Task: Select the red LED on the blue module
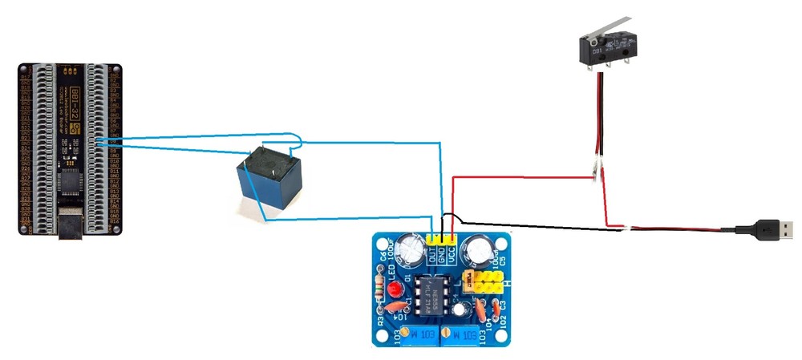pyautogui.click(x=394, y=289)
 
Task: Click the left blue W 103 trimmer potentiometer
pyautogui.click(x=421, y=334)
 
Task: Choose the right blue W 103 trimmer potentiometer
pyautogui.click(x=464, y=334)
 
